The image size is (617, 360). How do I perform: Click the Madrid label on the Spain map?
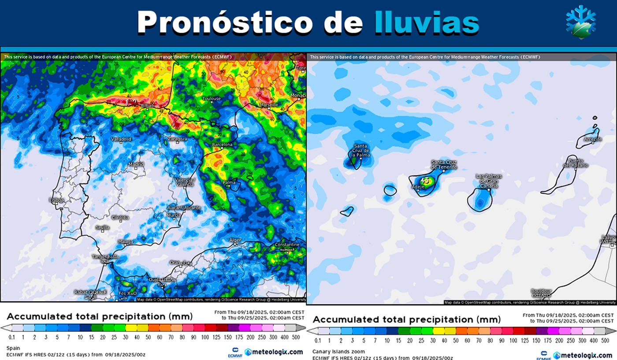coord(136,164)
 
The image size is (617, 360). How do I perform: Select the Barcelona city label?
coord(222,145)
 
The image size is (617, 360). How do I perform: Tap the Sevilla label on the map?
coord(103,227)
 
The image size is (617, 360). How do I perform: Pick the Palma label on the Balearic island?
coord(229,182)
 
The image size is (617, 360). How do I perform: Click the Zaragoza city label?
coord(178,139)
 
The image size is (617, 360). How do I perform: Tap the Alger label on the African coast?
coord(235,240)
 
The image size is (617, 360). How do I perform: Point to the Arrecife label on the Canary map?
coord(593,139)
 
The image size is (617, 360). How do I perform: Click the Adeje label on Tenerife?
coord(417,186)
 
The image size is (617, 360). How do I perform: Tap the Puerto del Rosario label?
coord(578,163)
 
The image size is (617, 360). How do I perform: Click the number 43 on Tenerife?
coord(425,180)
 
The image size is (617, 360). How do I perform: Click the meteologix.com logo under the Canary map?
coord(582,355)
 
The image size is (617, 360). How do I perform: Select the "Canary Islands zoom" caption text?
coord(334,352)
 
